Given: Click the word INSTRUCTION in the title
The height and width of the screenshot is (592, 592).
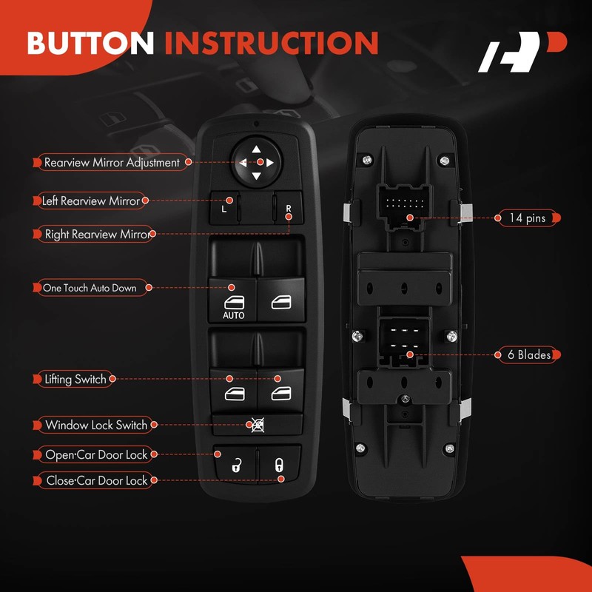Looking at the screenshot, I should pyautogui.click(x=272, y=43).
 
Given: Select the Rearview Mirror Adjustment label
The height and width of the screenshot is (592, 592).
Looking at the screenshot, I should pyautogui.click(x=111, y=162).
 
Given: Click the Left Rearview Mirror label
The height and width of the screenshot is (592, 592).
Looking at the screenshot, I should pyautogui.click(x=90, y=201).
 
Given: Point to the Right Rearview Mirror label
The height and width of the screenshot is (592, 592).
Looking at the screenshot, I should pyautogui.click(x=96, y=234).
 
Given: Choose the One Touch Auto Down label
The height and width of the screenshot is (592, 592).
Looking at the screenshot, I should pyautogui.click(x=90, y=288).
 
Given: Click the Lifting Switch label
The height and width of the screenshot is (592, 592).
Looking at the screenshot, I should pyautogui.click(x=74, y=380).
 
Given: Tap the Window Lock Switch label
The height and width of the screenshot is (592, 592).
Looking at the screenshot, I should pyautogui.click(x=95, y=425).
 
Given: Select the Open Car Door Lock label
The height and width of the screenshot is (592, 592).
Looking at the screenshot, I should pyautogui.click(x=96, y=454).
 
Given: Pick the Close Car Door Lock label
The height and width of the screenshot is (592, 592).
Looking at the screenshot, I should pyautogui.click(x=96, y=480).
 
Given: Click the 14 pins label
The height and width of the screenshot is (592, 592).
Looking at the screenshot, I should pyautogui.click(x=527, y=218).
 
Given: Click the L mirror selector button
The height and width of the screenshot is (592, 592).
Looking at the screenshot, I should pyautogui.click(x=225, y=203).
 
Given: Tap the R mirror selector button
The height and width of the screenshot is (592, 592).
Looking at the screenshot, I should pyautogui.click(x=287, y=203).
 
